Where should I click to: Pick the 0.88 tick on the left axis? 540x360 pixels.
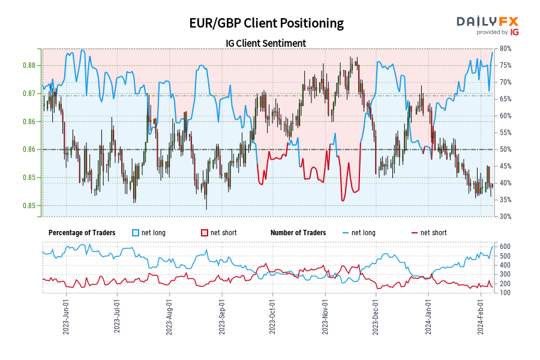tap(28, 65)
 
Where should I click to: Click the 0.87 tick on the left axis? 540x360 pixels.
tap(28, 94)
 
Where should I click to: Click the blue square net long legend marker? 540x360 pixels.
tap(136, 233)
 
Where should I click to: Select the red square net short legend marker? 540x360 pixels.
tap(205, 233)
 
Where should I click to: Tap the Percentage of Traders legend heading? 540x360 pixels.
tap(81, 233)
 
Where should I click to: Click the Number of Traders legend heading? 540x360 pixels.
tap(298, 233)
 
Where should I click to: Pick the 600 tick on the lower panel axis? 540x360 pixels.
tap(504, 247)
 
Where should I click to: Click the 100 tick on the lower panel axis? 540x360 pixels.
tap(504, 293)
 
